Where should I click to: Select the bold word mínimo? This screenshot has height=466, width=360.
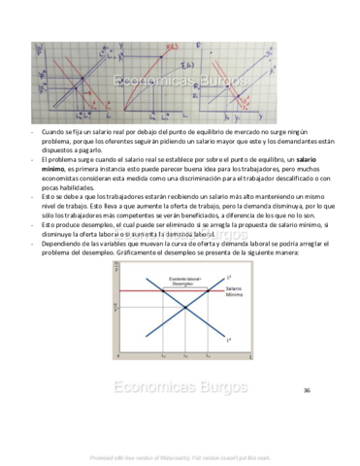pos(52,168)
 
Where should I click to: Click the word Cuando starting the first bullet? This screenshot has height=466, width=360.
pos(53,130)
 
